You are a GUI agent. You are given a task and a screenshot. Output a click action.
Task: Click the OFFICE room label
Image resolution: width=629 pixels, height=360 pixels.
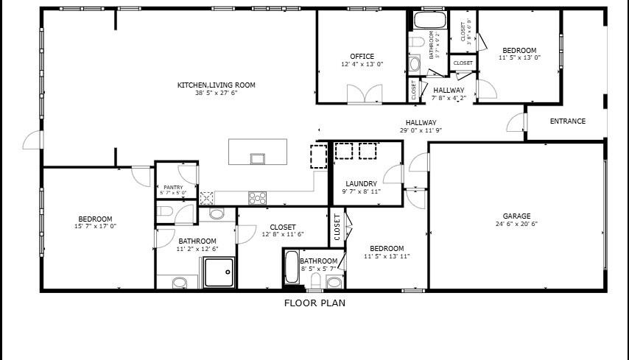(x=362, y=56)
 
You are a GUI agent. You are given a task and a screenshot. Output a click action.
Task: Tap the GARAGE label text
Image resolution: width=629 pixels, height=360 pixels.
(x=517, y=216)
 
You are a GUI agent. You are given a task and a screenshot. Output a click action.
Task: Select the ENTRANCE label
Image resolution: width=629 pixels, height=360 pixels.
(x=567, y=121)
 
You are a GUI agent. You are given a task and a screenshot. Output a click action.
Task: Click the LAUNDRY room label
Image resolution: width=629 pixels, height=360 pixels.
(x=361, y=183)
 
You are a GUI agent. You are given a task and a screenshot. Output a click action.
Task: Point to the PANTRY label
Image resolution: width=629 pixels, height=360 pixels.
(x=173, y=188)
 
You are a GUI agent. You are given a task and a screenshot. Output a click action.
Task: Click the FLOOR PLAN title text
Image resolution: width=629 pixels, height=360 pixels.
(x=314, y=303)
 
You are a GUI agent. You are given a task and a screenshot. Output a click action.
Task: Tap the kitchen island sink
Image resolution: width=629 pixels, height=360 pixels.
(x=257, y=158)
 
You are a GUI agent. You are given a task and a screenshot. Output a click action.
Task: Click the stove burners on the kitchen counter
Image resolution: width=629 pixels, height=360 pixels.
(x=257, y=197)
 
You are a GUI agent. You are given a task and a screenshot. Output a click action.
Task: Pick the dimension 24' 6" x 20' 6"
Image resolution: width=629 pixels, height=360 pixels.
(x=517, y=224)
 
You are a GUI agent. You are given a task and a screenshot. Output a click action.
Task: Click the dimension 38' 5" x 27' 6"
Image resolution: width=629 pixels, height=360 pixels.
(x=216, y=93)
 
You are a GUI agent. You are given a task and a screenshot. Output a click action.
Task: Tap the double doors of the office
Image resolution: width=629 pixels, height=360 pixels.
(x=365, y=93)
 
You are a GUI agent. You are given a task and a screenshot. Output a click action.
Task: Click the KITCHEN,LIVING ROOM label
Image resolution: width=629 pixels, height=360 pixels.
(x=216, y=85)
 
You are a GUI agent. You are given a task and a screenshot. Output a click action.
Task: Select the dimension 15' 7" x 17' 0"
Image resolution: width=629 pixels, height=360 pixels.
(x=96, y=227)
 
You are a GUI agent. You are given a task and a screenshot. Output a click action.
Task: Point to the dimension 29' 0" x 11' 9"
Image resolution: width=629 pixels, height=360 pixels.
(x=421, y=131)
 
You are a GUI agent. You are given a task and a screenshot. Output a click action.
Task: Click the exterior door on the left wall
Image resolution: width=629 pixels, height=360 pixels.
(x=31, y=140)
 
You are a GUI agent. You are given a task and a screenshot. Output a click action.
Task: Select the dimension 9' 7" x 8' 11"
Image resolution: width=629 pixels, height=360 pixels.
(x=361, y=191)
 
